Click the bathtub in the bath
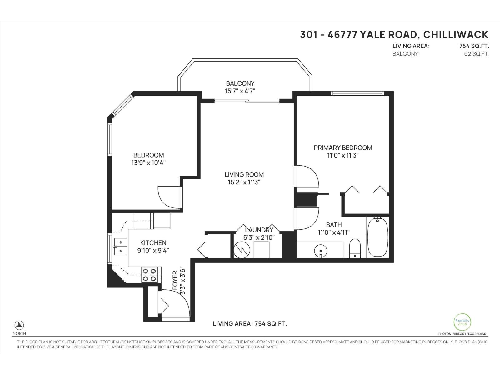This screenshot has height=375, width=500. (377, 237)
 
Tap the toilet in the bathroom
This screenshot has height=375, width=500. (355, 248)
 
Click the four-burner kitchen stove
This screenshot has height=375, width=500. (149, 275)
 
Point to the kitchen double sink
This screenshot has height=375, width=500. (120, 247)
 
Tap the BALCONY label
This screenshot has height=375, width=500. (240, 83)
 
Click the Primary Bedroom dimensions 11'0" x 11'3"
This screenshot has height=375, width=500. (343, 155)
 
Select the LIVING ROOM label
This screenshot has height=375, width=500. (244, 174)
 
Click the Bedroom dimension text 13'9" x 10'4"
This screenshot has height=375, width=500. (148, 162)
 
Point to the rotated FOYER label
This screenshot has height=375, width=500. (175, 281)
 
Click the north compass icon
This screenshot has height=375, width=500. (19, 325)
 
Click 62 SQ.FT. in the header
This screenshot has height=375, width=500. (477, 54)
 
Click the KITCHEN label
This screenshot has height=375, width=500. (153, 243)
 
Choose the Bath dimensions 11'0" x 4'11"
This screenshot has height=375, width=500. (334, 232)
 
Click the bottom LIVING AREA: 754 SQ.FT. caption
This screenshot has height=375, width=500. (250, 324)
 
